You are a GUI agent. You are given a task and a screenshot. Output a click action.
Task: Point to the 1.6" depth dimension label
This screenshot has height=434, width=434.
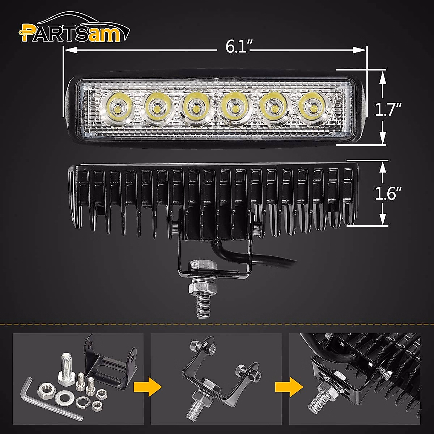point(387,194)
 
